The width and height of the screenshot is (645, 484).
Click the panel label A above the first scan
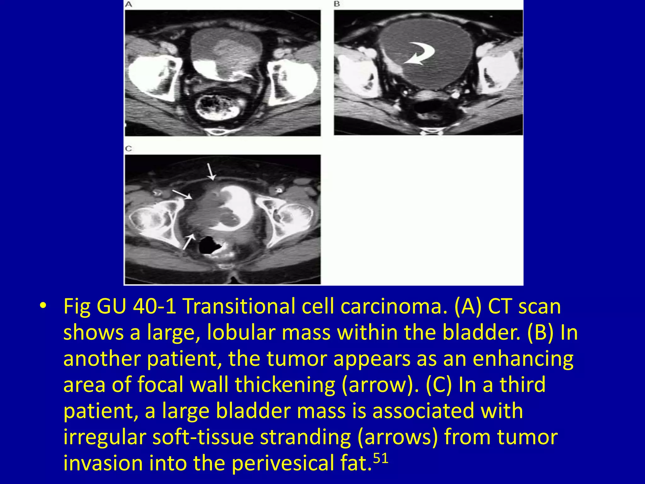click(128, 4)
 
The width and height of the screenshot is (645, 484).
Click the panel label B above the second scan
click(337, 4)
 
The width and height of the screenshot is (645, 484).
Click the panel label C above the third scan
click(128, 148)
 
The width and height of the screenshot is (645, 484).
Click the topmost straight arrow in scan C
click(210, 172)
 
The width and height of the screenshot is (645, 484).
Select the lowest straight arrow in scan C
click(188, 241)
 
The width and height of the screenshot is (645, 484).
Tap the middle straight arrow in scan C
click(182, 194)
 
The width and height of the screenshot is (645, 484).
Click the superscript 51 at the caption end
click(380, 458)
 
